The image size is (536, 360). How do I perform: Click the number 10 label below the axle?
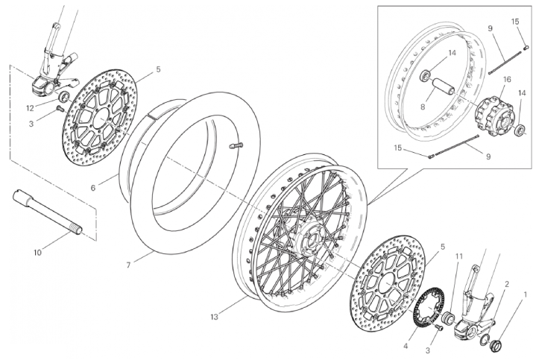pos(37,253)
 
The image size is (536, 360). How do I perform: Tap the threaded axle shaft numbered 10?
pos(47,212)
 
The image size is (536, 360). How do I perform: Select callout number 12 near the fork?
pos(30,108)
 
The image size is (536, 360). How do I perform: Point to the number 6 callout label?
pos(93,188)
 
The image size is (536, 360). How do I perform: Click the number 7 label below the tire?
pos(128,265)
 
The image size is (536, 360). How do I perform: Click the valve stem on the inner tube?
pos(236,145)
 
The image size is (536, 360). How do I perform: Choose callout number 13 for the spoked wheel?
pos(214,318)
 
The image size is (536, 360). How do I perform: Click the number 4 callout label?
pos(406,346)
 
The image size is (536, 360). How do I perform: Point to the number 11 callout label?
pos(458,256)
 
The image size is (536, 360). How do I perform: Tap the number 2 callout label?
pos(507,284)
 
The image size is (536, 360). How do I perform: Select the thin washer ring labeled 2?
pos(484,340)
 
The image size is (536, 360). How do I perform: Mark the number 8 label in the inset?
pos(423,107)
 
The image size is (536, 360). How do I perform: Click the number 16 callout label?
pos(507,79)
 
